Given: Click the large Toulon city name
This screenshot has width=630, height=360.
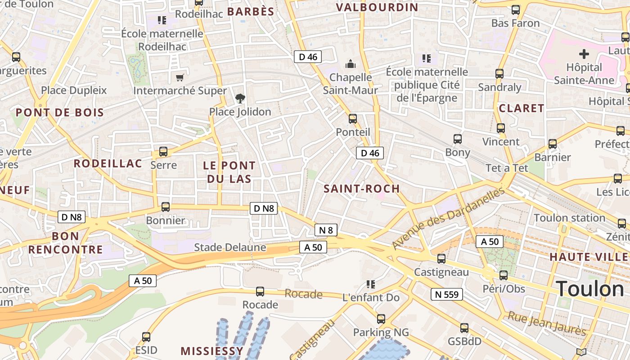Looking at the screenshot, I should (x=590, y=289).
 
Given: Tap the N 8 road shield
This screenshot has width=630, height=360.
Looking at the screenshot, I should (x=326, y=230).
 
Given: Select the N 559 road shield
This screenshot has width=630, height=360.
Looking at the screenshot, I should (x=446, y=294).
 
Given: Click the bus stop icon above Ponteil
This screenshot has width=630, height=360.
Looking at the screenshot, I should (x=353, y=119).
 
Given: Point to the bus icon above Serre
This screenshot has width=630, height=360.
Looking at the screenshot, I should (x=163, y=152).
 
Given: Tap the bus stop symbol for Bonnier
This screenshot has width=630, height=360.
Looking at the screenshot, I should (x=166, y=207).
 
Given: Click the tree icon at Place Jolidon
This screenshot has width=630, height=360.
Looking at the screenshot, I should (x=240, y=98).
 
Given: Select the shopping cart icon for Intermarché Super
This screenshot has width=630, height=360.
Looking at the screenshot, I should (x=180, y=78).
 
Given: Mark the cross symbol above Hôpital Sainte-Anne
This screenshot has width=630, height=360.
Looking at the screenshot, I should (x=584, y=54).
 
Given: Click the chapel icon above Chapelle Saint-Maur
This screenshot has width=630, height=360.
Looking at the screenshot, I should (x=350, y=64).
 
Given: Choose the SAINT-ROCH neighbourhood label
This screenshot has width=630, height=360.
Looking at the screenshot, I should (x=362, y=189).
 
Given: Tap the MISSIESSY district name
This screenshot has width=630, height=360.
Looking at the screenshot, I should (x=212, y=351).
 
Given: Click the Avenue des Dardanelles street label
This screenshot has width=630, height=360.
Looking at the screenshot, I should (x=448, y=219).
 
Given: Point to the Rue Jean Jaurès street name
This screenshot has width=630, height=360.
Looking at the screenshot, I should (x=547, y=324).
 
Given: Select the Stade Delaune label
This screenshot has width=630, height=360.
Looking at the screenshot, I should (x=230, y=247).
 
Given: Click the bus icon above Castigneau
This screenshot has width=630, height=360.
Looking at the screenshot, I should (x=441, y=259).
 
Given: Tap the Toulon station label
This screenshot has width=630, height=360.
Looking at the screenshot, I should (x=569, y=218).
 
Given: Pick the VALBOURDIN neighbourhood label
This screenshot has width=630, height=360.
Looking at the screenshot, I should (x=377, y=7).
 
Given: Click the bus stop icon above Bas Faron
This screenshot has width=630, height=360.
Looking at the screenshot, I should (x=516, y=10).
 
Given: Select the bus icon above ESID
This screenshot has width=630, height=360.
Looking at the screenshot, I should (x=146, y=337).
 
